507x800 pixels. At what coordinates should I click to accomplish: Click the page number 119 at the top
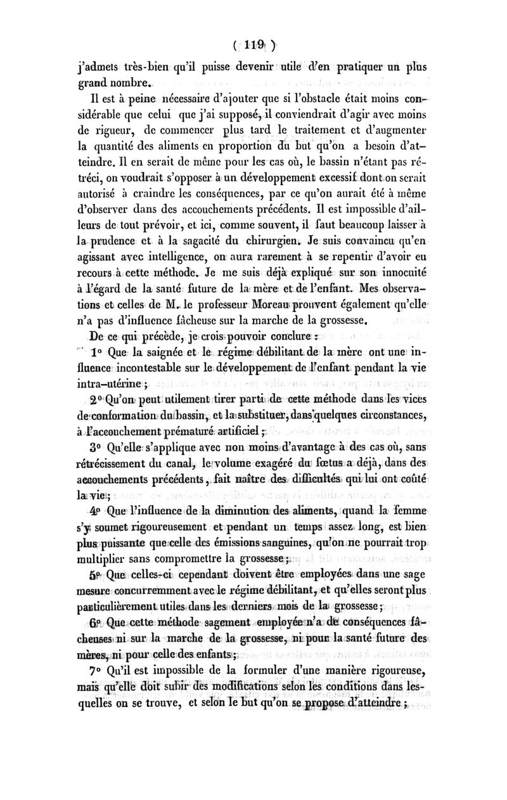[253, 46]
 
